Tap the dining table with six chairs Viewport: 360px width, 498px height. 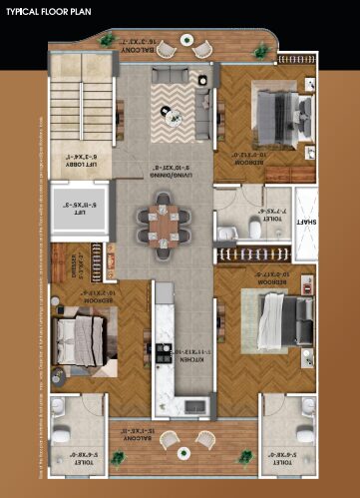pos(166,218)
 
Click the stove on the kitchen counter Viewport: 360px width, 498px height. pos(160,351)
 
